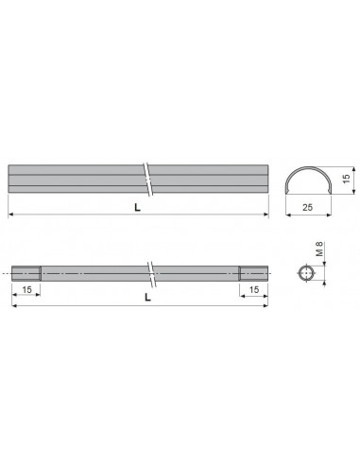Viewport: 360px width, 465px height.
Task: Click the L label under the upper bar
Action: (137, 207)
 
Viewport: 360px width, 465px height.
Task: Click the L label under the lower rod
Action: (147, 297)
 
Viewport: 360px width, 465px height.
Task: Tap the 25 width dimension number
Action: (307, 207)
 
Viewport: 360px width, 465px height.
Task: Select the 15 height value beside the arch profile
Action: (346, 179)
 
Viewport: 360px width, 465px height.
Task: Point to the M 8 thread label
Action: (319, 249)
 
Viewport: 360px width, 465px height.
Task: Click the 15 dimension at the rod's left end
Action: (27, 289)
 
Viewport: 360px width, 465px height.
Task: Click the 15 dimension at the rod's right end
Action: (254, 289)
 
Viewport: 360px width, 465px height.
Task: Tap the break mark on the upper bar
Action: (148, 179)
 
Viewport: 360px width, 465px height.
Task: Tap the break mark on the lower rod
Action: (152, 274)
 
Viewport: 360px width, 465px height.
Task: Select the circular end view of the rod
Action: (306, 273)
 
